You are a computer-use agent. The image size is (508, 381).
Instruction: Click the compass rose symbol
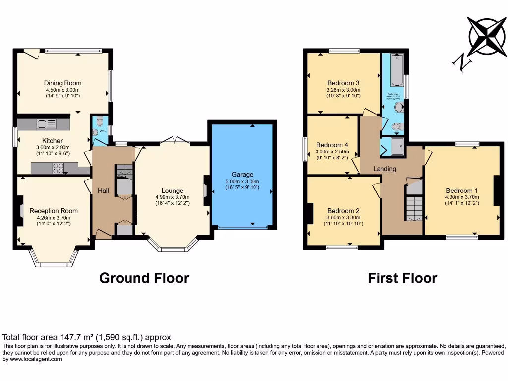click(x=486, y=36)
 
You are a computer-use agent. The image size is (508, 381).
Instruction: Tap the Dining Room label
click(x=63, y=83)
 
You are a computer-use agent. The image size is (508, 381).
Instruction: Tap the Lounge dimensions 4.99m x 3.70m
click(x=172, y=197)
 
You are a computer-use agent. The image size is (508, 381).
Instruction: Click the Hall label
click(x=103, y=190)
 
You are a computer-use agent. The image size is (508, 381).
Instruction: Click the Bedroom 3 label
click(x=343, y=83)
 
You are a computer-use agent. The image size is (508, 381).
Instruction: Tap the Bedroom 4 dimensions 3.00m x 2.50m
click(x=332, y=152)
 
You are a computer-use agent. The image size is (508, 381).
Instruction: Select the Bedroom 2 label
click(x=343, y=211)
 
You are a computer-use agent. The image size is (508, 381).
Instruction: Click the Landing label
click(x=384, y=169)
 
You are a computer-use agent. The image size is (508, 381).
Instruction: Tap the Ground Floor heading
click(x=144, y=278)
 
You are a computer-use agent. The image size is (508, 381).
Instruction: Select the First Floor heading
click(x=402, y=278)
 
